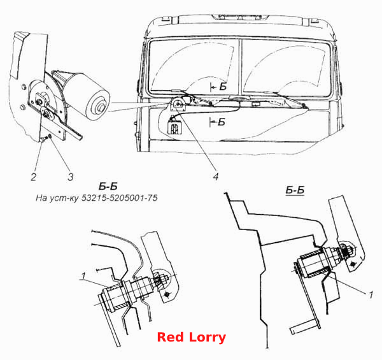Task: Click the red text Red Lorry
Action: pyautogui.click(x=191, y=337)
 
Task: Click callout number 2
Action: pyautogui.click(x=34, y=176)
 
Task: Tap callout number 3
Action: pyautogui.click(x=71, y=176)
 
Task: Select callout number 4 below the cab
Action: pyautogui.click(x=216, y=176)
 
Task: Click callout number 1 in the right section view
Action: pyautogui.click(x=371, y=295)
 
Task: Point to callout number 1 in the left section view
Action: pyautogui.click(x=83, y=276)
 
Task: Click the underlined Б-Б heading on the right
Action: pyautogui.click(x=295, y=190)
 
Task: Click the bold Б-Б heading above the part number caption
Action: pyautogui.click(x=108, y=187)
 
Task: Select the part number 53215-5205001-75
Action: pyautogui.click(x=120, y=198)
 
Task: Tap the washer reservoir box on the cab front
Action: pyautogui.click(x=174, y=127)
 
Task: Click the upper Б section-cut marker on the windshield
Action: pyautogui.click(x=218, y=87)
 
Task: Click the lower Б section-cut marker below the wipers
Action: pyautogui.click(x=217, y=122)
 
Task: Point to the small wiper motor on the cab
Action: pyautogui.click(x=178, y=103)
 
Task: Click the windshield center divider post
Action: pyautogui.click(x=241, y=67)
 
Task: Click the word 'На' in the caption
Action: pyautogui.click(x=41, y=198)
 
